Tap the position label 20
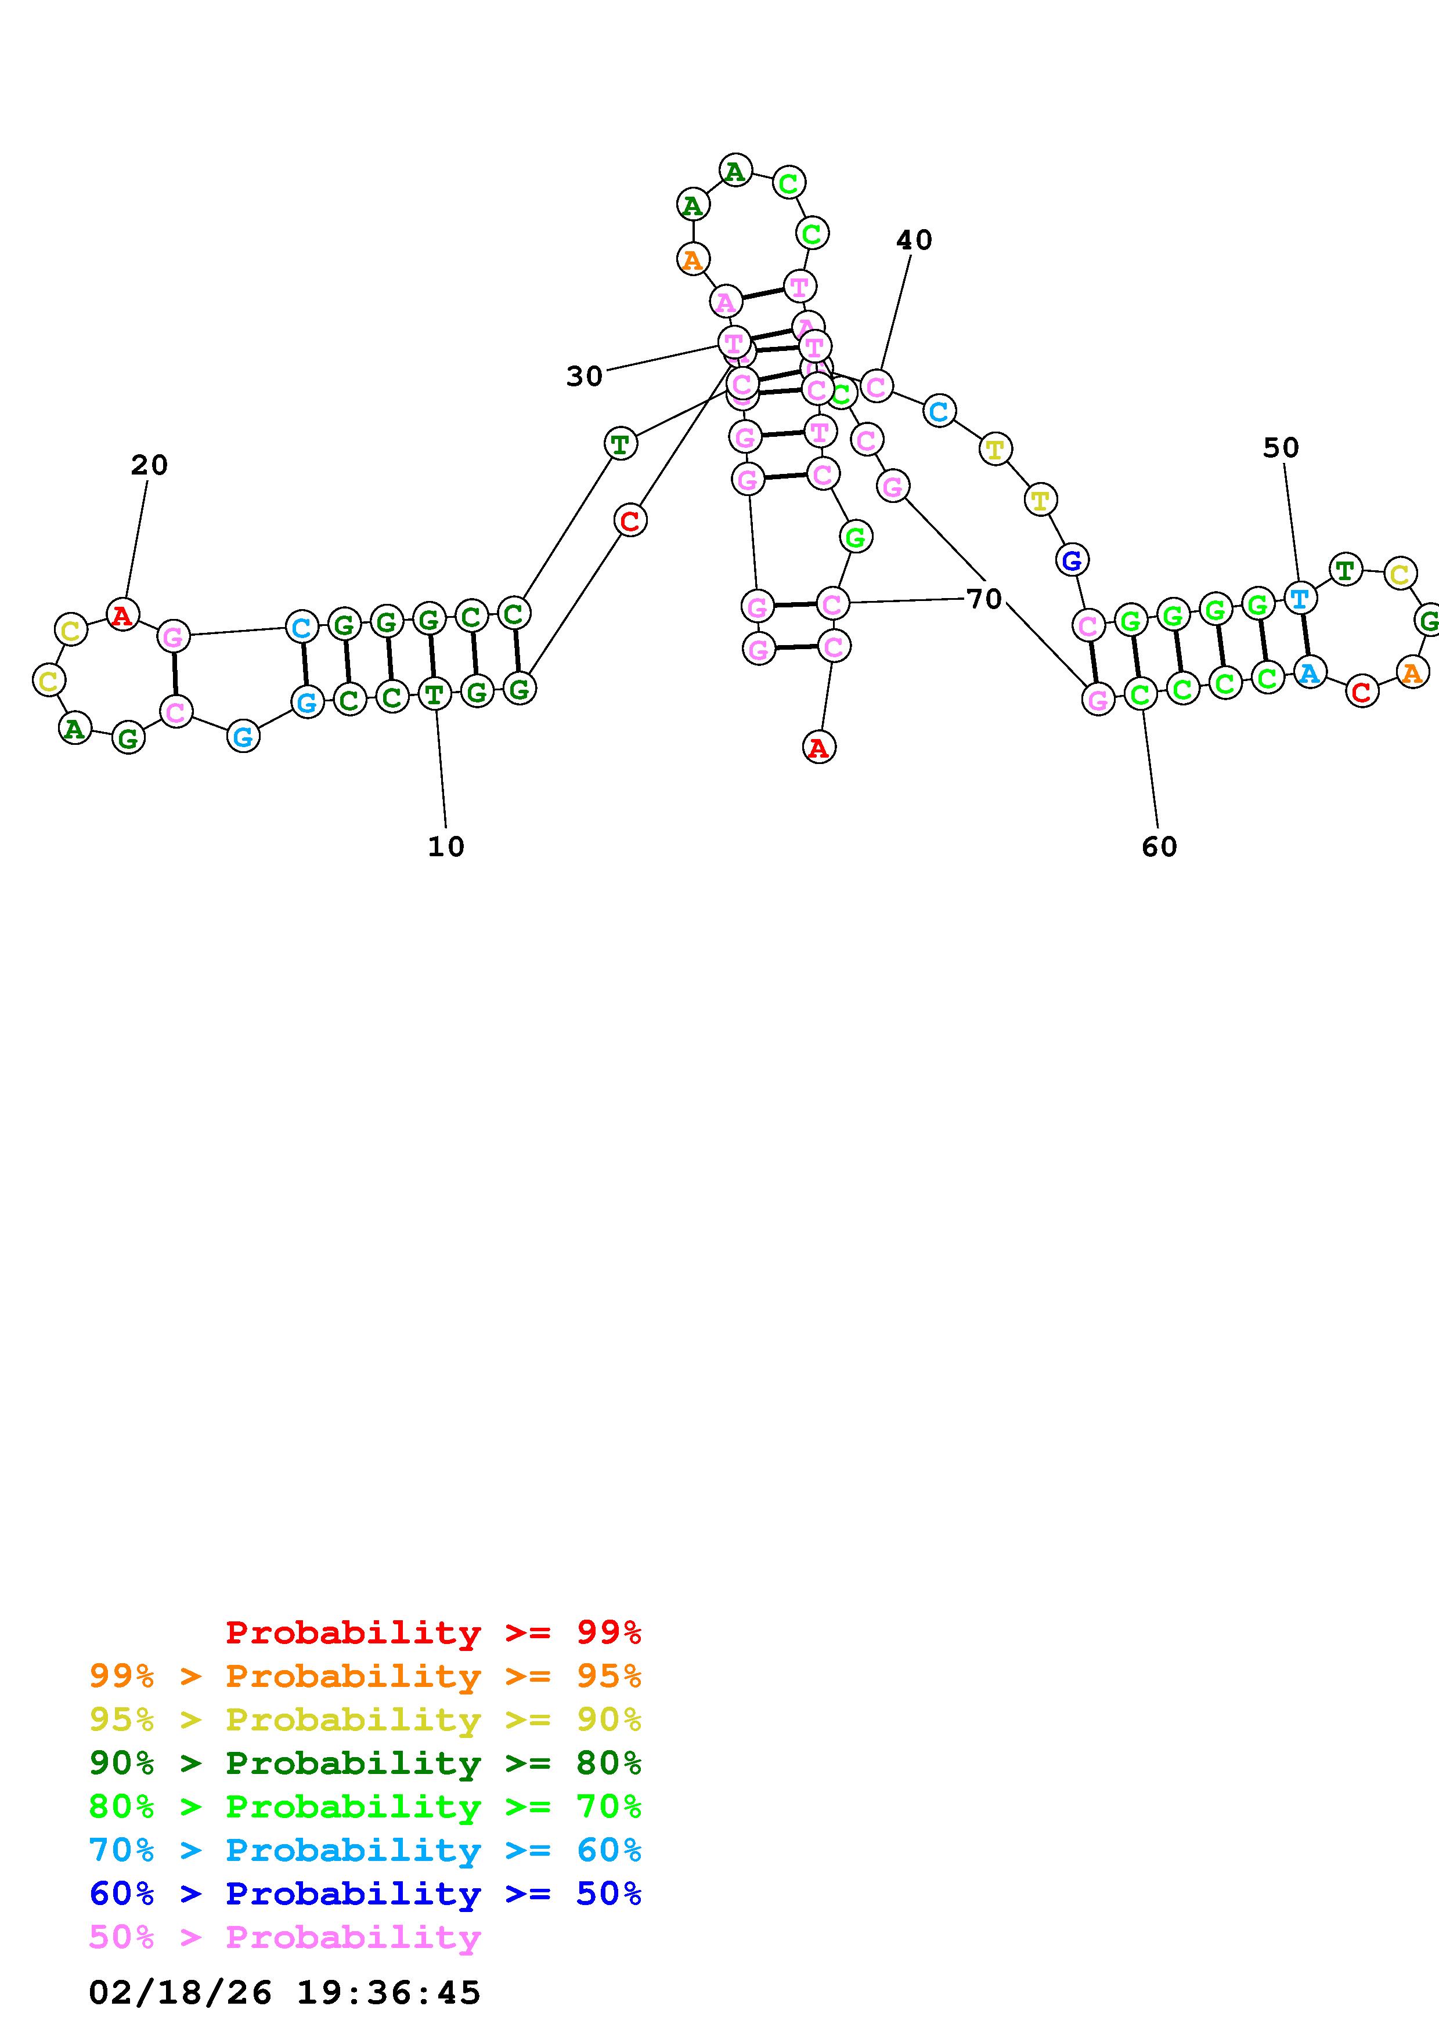point(149,465)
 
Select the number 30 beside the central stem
point(585,376)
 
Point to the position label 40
point(914,240)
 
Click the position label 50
point(1281,448)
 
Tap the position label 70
point(984,599)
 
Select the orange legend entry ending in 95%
point(365,1676)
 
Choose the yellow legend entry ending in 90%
point(365,1719)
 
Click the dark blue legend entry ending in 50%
point(365,1893)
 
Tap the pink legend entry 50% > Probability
point(284,1936)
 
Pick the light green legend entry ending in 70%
point(365,1806)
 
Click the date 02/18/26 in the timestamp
point(180,1993)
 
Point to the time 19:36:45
point(388,1993)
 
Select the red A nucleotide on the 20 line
point(123,614)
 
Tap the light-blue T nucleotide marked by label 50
point(1300,599)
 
